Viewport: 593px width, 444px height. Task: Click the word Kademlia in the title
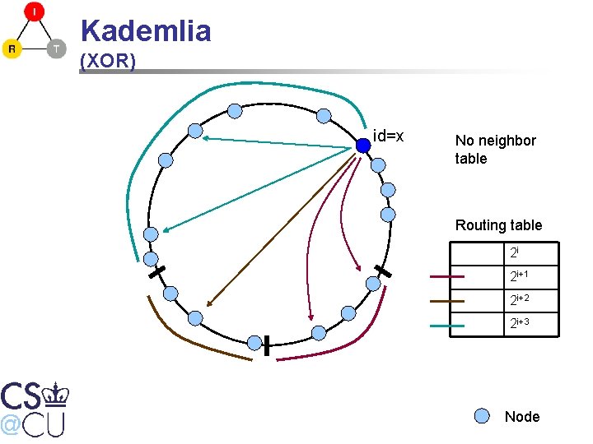click(146, 31)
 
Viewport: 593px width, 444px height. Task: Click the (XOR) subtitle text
click(108, 62)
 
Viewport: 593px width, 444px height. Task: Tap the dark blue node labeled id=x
click(363, 146)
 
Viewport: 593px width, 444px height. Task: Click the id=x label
click(388, 135)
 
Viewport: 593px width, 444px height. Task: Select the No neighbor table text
click(495, 149)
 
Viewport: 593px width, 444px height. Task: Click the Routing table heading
click(498, 224)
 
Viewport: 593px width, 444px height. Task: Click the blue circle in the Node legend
click(483, 416)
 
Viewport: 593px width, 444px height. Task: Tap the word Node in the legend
click(522, 417)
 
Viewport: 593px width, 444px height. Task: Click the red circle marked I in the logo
click(34, 12)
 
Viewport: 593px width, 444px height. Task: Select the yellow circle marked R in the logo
click(12, 49)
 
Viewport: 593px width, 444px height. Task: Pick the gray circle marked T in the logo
click(55, 49)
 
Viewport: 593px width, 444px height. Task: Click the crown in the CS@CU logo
click(57, 395)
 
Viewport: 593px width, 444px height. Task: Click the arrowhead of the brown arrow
click(208, 303)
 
